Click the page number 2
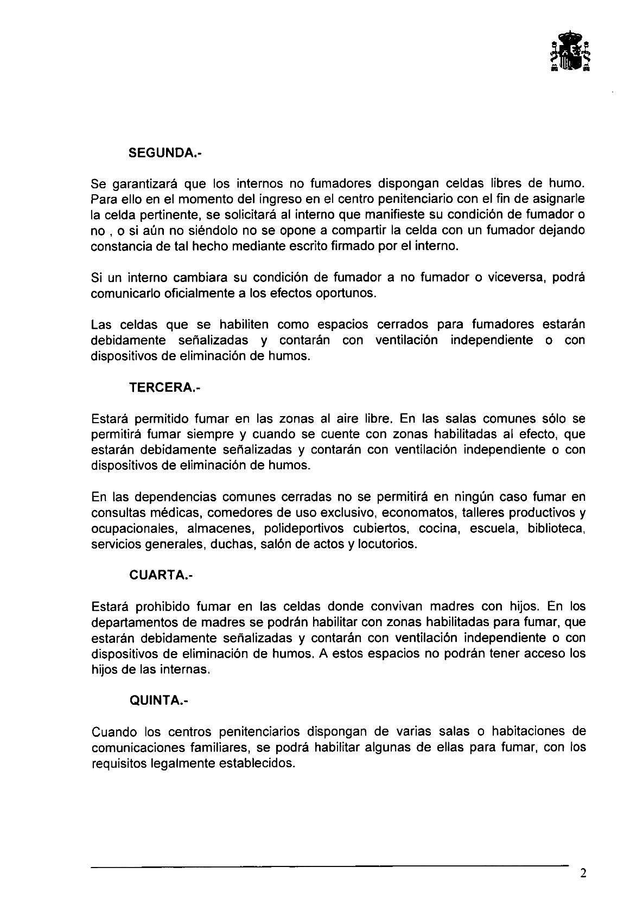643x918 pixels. coord(583,874)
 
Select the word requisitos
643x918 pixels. coord(118,763)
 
